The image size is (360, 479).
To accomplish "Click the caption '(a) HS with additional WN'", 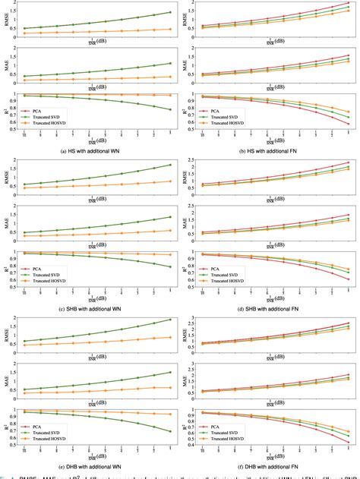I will (x=91, y=152).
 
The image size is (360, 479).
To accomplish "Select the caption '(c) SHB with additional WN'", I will (x=91, y=310).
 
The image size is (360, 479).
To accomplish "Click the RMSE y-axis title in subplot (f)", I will (x=186, y=337).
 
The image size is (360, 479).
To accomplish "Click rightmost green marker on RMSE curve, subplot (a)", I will (x=169, y=12).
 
